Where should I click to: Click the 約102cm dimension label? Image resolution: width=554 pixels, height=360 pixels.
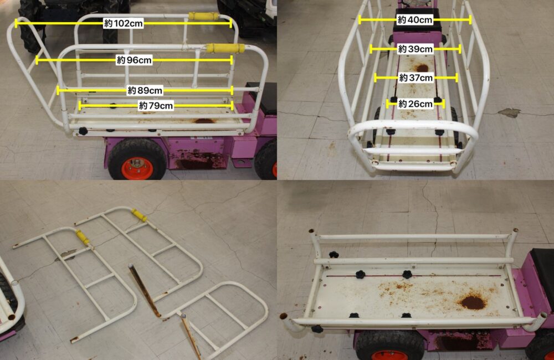[x=124, y=24]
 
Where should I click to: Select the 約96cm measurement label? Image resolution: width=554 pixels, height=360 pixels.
[x=134, y=60]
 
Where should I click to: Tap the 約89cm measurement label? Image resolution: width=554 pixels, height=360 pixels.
[x=145, y=90]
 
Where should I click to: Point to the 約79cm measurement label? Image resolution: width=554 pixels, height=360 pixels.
[x=156, y=106]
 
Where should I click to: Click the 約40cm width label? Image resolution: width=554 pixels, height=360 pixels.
[x=415, y=20]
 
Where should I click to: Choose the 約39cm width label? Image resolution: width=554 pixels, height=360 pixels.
[x=415, y=49]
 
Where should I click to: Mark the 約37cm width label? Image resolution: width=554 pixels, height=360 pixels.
[x=416, y=78]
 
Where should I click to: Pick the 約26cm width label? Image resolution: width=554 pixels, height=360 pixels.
[x=415, y=104]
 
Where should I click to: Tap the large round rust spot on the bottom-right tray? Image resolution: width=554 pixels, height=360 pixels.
[x=473, y=303]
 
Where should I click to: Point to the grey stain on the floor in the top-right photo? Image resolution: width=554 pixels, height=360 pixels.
[x=509, y=112]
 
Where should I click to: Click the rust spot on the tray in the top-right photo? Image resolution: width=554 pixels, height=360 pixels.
[x=422, y=68]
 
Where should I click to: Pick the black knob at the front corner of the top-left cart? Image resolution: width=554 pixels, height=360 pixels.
[x=83, y=131]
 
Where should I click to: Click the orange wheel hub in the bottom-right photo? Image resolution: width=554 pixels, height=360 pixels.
[x=389, y=355]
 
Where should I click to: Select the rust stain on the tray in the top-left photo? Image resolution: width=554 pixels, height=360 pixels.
[x=204, y=121]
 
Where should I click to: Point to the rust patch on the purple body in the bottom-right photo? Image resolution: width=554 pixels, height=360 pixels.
[x=459, y=342]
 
